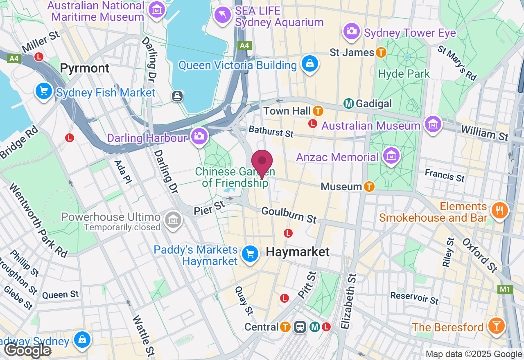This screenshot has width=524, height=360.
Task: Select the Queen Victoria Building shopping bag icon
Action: point(310,64)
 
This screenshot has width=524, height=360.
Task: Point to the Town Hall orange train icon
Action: point(318,111)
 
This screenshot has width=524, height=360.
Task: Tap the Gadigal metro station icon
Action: point(348,103)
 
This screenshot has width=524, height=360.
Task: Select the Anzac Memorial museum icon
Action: point(391,156)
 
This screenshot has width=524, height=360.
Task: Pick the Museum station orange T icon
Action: point(369,187)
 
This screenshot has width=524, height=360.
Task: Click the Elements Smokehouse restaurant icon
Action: point(499,211)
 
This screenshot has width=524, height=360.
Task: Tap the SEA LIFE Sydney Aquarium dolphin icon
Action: point(223,15)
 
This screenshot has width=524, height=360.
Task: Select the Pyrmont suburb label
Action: point(85,68)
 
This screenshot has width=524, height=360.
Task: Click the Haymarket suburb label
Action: point(298,252)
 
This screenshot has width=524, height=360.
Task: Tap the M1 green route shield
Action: point(505,289)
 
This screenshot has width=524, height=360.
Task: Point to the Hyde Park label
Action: point(404,74)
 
